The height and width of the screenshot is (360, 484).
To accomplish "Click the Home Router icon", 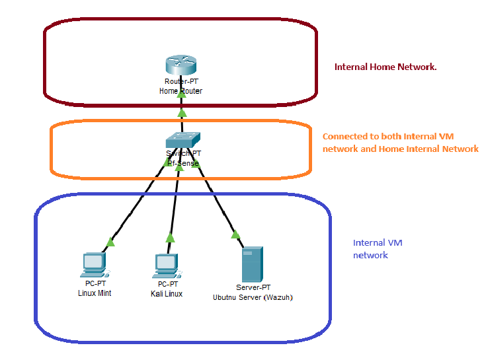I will pyautogui.click(x=181, y=66).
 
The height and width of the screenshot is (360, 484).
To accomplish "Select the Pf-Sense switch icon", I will pyautogui.click(x=182, y=139).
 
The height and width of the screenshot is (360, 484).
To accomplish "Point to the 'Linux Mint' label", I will pyautogui.click(x=94, y=293).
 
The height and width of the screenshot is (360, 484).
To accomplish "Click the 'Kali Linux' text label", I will pyautogui.click(x=167, y=293).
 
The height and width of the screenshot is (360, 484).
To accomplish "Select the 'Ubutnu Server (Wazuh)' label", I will pyautogui.click(x=253, y=297).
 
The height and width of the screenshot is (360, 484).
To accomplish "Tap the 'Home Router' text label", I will pyautogui.click(x=181, y=90).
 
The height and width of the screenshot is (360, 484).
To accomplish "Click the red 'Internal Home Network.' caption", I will pyautogui.click(x=385, y=67).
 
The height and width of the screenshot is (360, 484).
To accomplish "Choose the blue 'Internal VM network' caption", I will pyautogui.click(x=378, y=249).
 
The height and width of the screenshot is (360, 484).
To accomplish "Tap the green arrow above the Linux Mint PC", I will pyautogui.click(x=110, y=242).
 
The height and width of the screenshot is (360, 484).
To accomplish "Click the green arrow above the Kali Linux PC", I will pyautogui.click(x=170, y=238).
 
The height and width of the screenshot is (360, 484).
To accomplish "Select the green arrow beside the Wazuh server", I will pyautogui.click(x=234, y=233).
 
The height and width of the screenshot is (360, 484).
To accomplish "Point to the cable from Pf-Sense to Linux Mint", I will pyautogui.click(x=136, y=205).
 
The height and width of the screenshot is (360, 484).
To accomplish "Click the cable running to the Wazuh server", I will pyautogui.click(x=215, y=198).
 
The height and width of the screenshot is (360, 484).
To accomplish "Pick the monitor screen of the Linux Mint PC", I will pyautogui.click(x=93, y=261).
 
